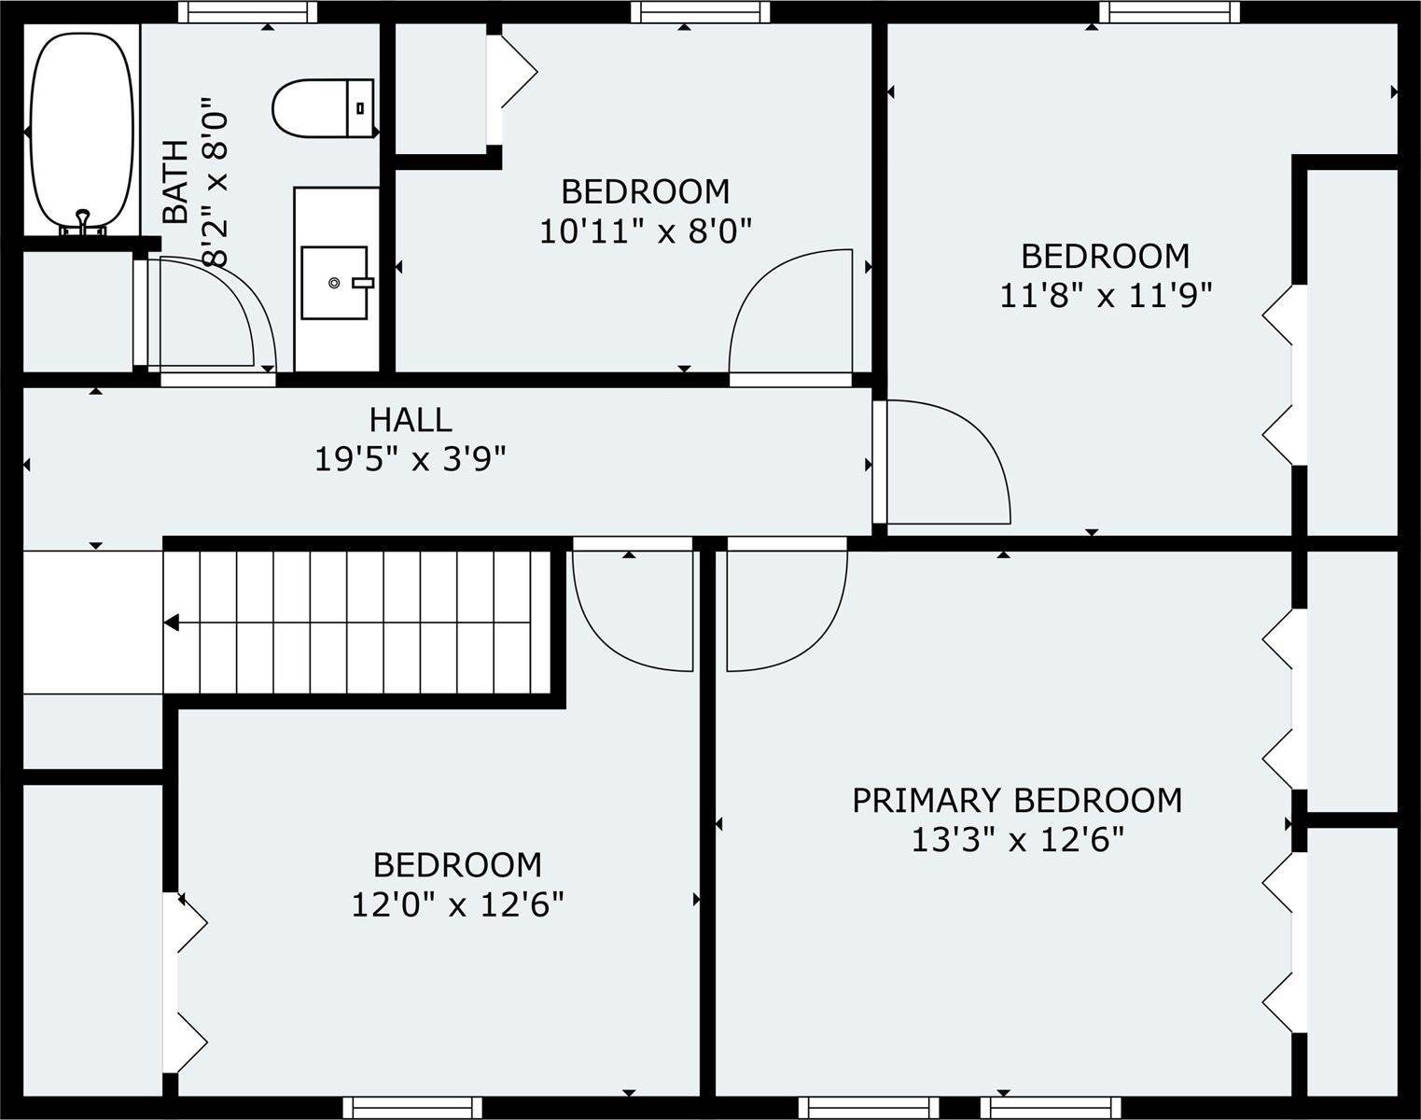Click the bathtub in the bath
click(82, 133)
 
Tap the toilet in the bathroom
click(323, 108)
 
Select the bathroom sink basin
click(335, 283)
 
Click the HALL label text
click(411, 420)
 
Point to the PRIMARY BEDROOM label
click(1017, 800)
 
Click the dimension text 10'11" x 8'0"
click(646, 231)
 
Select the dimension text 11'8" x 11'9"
click(1106, 295)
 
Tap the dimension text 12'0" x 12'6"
click(457, 904)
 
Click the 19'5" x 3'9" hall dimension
click(410, 459)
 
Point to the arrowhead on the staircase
click(171, 623)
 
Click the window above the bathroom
click(247, 11)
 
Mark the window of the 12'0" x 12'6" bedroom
click(412, 1107)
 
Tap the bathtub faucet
click(82, 223)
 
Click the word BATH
click(176, 182)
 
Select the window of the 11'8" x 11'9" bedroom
click(1169, 11)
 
